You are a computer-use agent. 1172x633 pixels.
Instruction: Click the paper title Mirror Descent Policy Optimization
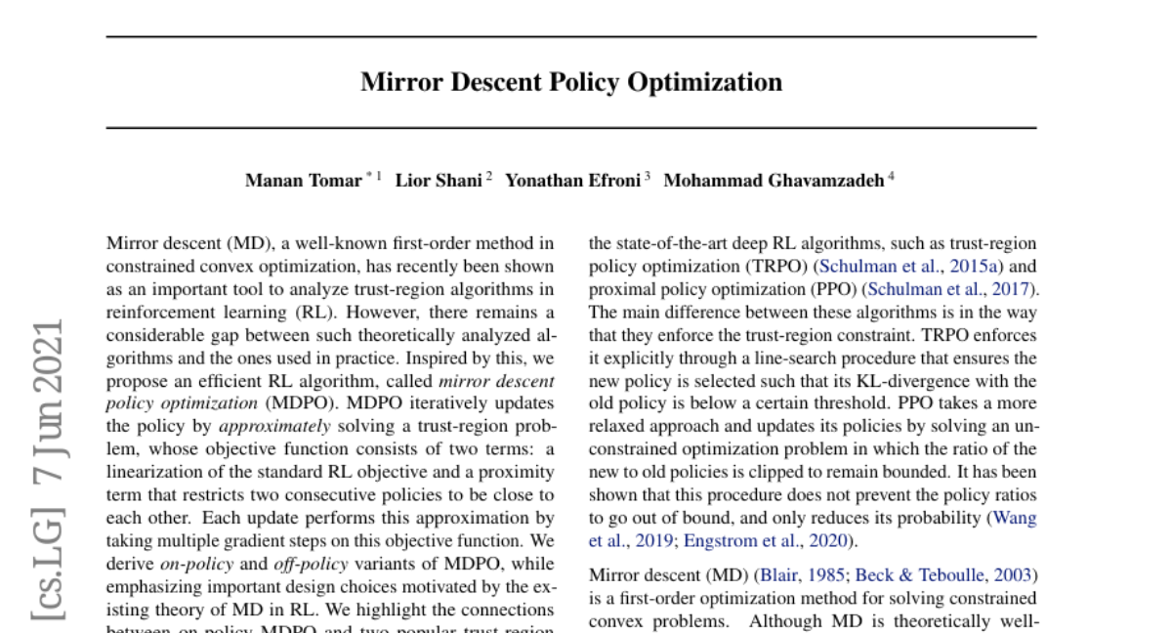click(571, 82)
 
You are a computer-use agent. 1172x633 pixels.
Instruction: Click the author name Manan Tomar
click(303, 181)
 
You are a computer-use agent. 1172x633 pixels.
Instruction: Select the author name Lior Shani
click(439, 181)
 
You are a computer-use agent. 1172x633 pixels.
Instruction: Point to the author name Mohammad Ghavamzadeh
click(774, 181)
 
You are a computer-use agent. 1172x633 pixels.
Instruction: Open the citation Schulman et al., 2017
click(952, 289)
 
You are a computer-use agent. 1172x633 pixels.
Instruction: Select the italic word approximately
click(274, 426)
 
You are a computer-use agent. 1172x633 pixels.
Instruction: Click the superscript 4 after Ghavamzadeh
click(890, 177)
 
